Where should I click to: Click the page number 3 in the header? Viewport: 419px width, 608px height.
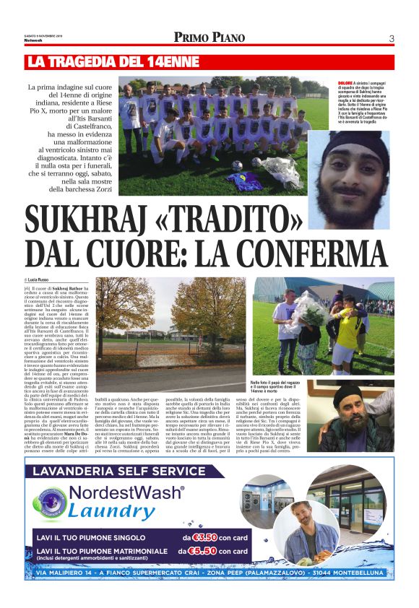point(391,38)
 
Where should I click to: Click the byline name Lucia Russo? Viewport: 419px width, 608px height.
point(40,279)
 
